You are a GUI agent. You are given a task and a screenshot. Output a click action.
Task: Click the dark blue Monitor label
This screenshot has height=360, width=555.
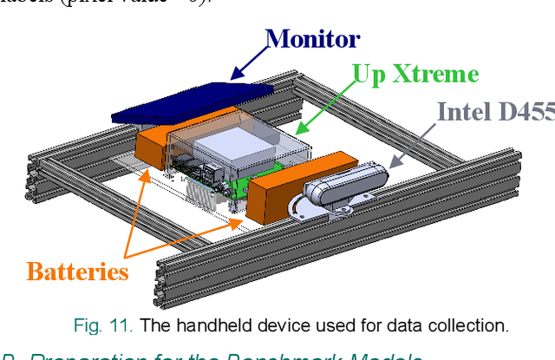(x=311, y=38)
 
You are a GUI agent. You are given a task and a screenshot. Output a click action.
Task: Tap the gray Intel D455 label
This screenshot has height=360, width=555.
(x=495, y=112)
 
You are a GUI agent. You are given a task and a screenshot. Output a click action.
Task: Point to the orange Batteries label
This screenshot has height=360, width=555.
(x=77, y=272)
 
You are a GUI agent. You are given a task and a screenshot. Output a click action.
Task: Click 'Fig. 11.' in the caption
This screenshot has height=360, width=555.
(x=101, y=326)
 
